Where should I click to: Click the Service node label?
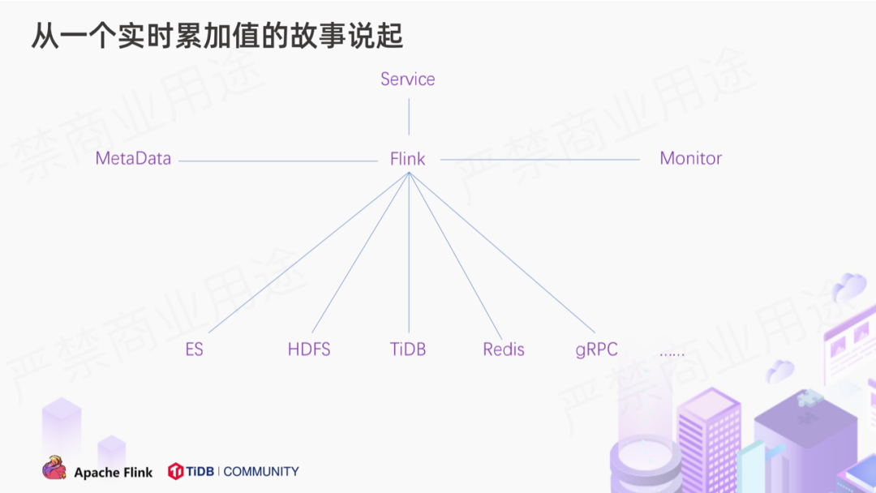407,79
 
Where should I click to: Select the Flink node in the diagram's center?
407,159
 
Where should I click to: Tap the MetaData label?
133,158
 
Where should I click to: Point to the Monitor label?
690,158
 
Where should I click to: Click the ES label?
194,349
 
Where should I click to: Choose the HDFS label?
309,349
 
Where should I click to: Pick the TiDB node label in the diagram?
407,349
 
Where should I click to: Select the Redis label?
504,349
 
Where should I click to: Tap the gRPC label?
596,349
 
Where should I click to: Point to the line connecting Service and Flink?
409,116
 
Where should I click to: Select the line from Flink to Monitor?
539,160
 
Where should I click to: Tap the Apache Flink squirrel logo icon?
54,468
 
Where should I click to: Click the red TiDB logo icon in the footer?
175,471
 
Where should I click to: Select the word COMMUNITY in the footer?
261,471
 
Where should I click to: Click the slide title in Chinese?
217,36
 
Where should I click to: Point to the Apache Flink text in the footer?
113,472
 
